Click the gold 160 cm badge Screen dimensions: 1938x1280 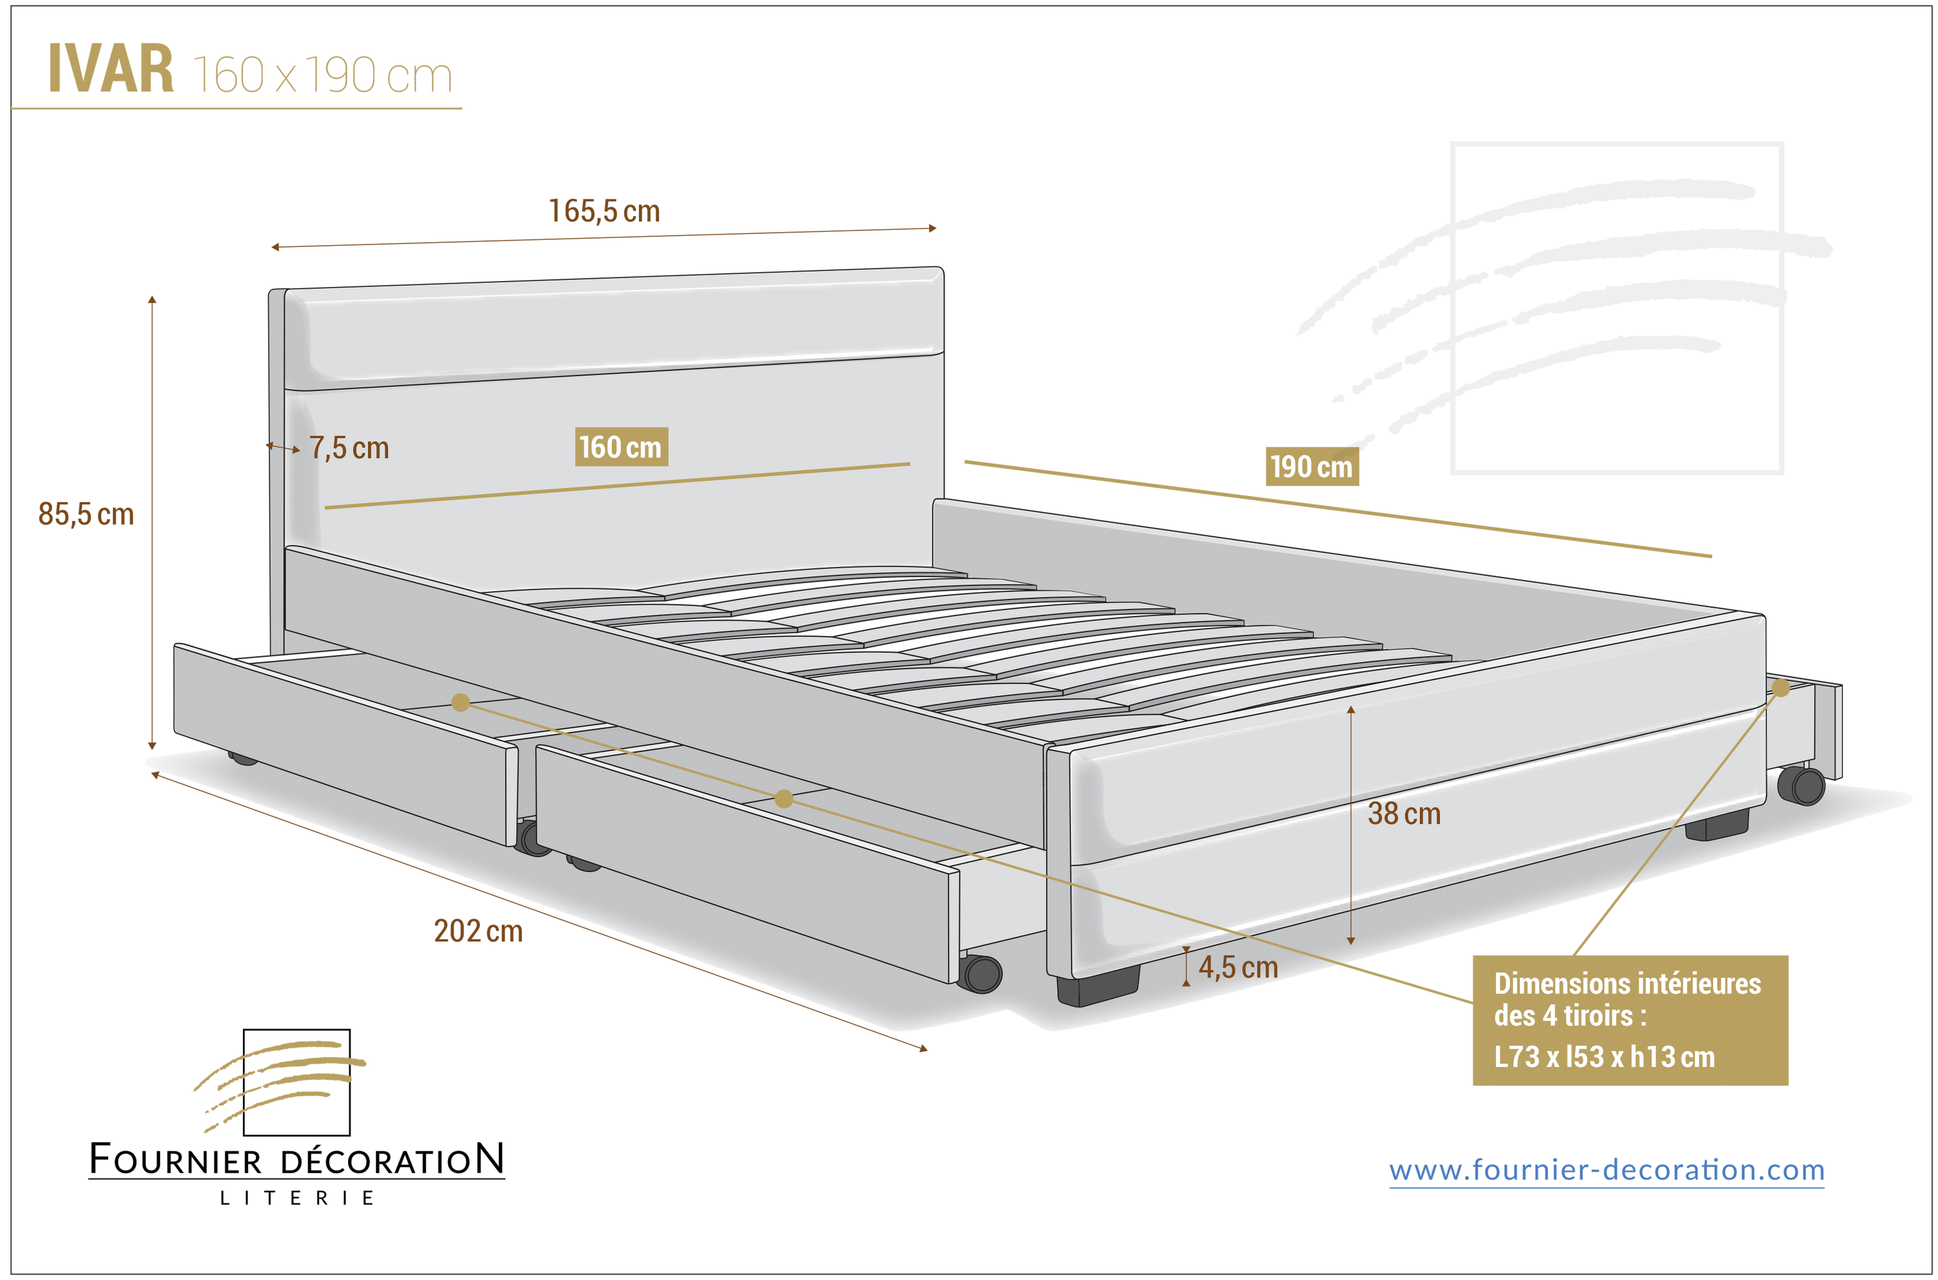tap(621, 447)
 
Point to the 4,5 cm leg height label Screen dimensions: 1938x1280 tap(1238, 967)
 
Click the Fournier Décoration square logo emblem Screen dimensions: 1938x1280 tap(282, 1083)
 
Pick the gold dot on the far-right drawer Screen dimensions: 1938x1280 tap(1781, 688)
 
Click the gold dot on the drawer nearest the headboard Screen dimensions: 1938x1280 tap(461, 702)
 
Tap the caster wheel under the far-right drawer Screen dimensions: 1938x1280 tap(1801, 785)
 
